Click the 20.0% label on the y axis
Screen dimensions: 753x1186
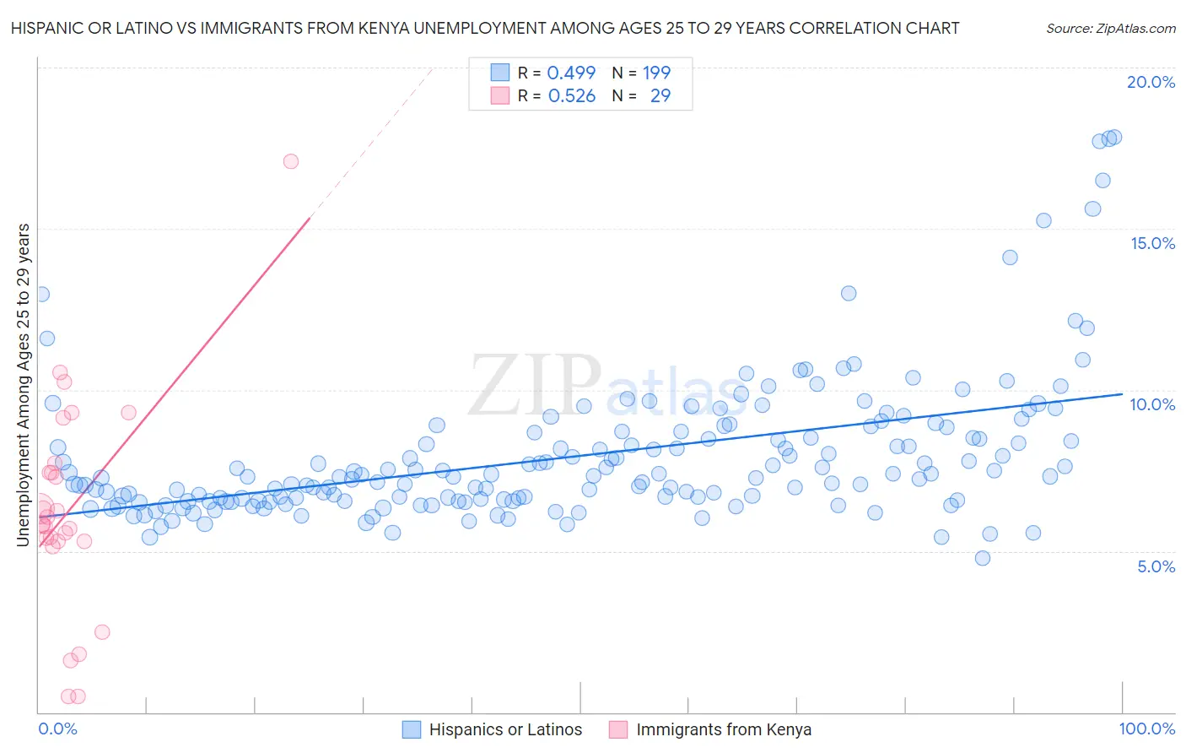pyautogui.click(x=1151, y=82)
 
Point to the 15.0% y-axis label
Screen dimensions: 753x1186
pyautogui.click(x=1152, y=243)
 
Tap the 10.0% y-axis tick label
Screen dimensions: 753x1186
pyautogui.click(x=1152, y=404)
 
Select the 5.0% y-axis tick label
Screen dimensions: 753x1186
pyautogui.click(x=1156, y=566)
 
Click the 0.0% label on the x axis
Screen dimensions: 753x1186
pyautogui.click(x=57, y=729)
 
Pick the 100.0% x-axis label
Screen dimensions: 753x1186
pyautogui.click(x=1147, y=729)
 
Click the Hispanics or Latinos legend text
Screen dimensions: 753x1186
pyautogui.click(x=505, y=730)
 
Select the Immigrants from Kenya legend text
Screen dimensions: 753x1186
pyautogui.click(x=724, y=730)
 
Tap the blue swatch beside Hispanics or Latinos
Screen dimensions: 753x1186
pyautogui.click(x=412, y=730)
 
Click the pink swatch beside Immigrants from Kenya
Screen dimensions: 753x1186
pyautogui.click(x=618, y=730)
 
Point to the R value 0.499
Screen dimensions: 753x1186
pyautogui.click(x=571, y=73)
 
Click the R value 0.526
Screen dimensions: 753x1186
pyautogui.click(x=571, y=96)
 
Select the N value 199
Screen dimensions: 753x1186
pyautogui.click(x=656, y=73)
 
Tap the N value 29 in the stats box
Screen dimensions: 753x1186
pyautogui.click(x=660, y=96)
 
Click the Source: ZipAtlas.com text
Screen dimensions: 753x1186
pyautogui.click(x=1110, y=29)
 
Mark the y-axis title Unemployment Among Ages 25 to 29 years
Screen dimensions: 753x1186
pyautogui.click(x=24, y=385)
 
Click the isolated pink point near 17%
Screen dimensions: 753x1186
pyautogui.click(x=291, y=161)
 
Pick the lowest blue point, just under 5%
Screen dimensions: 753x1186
pyautogui.click(x=982, y=558)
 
